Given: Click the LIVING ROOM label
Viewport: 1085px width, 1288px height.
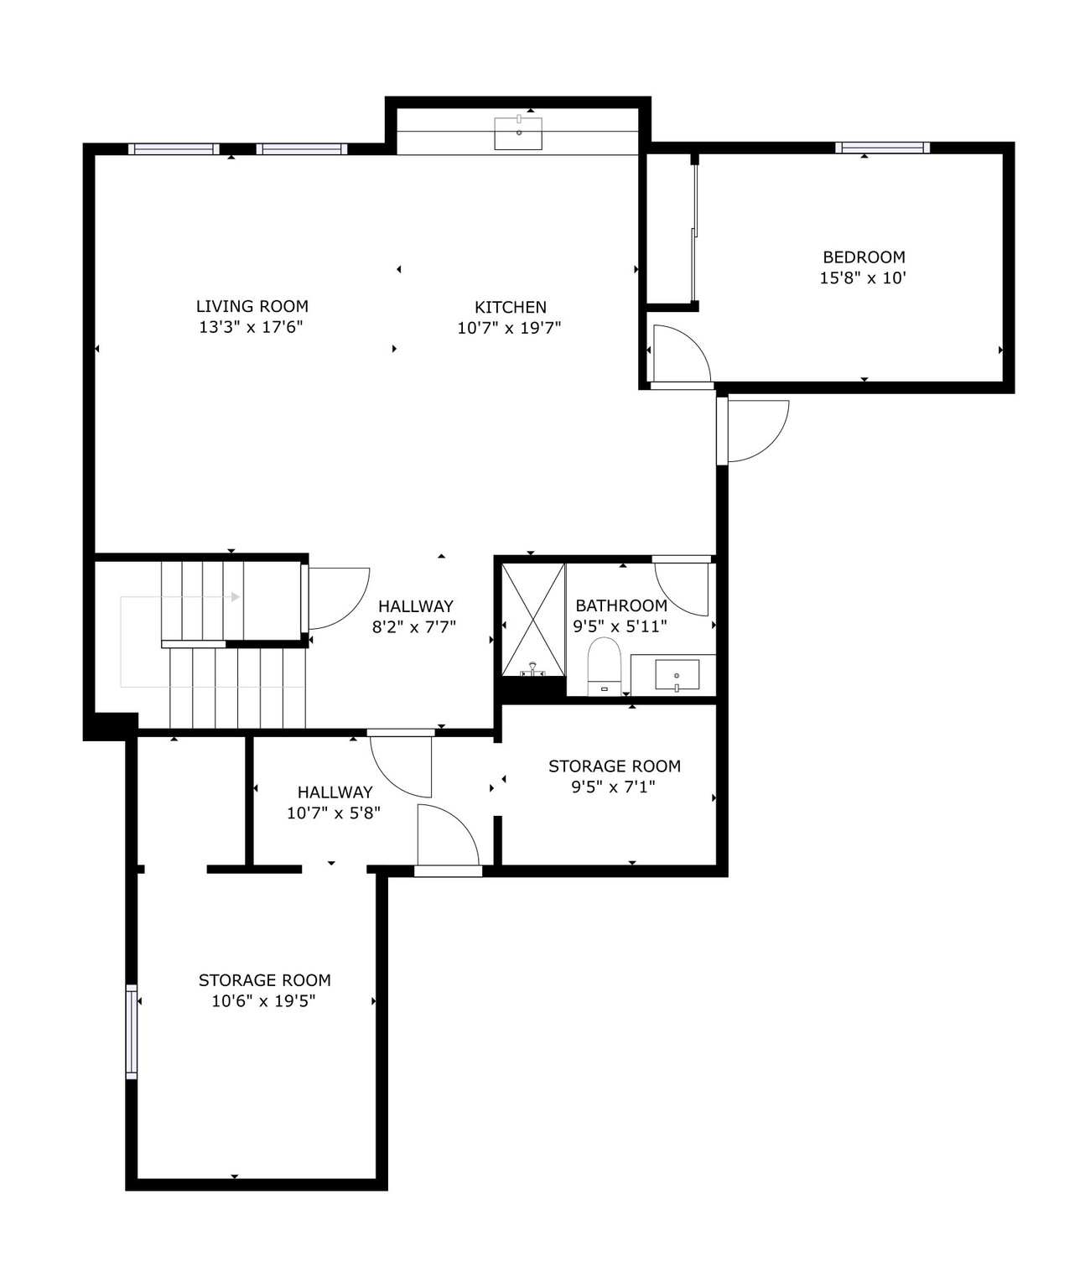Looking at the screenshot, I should tap(252, 307).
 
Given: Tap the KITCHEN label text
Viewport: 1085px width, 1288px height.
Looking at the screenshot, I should tap(510, 308).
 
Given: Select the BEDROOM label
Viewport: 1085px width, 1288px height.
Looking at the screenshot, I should tap(863, 257).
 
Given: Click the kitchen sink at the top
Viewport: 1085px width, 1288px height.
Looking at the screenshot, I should tap(517, 133).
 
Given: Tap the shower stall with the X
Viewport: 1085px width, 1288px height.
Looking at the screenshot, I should tap(532, 618).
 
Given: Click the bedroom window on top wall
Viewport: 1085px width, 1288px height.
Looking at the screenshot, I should tap(882, 148).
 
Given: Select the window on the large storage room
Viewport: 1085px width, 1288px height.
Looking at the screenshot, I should tap(132, 1031).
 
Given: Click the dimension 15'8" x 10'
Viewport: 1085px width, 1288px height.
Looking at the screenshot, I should tap(863, 278).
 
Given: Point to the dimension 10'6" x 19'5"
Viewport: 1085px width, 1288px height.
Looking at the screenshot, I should tap(263, 1001).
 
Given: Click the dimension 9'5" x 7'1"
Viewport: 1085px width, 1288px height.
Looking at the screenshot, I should tap(614, 787).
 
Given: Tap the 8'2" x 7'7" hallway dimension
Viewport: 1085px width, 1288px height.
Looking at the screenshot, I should tap(414, 626).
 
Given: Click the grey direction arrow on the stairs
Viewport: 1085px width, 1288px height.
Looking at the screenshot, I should tap(236, 597).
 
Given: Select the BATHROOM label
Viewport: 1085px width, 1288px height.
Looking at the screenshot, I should tap(621, 605).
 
